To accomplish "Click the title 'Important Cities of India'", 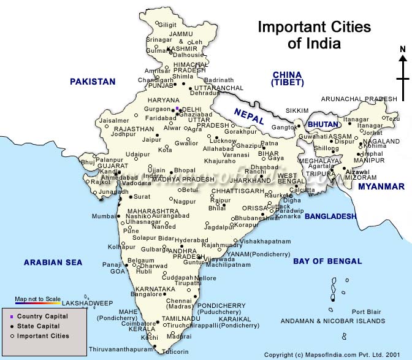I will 314,35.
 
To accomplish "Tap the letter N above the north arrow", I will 402,50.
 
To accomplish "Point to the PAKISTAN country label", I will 93,82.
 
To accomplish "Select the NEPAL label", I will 248,115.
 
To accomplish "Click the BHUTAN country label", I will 322,124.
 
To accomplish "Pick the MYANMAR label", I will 381,186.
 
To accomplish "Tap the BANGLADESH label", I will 330,216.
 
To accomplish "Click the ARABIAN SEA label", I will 53,262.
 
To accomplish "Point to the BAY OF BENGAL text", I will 327,261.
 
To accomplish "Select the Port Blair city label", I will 366,312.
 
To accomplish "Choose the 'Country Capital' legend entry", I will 42,316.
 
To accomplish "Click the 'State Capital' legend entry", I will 39,326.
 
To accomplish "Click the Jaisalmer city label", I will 115,121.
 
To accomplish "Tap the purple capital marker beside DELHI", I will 177,109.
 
